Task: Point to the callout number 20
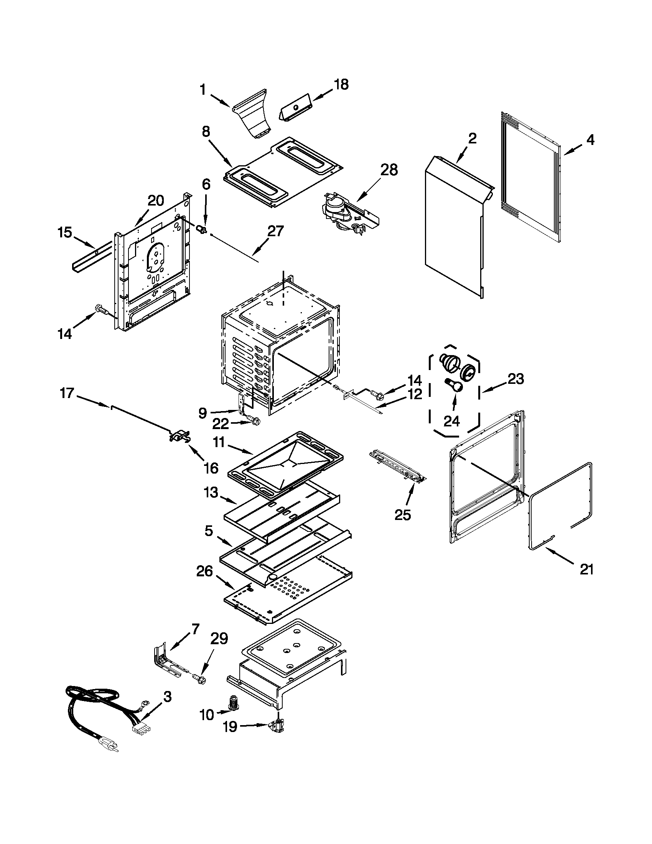155,201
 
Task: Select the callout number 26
204,572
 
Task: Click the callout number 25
403,515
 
